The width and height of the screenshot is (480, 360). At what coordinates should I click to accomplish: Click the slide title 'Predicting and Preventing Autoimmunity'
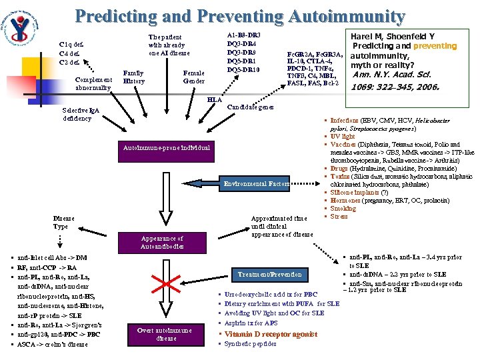click(x=239, y=16)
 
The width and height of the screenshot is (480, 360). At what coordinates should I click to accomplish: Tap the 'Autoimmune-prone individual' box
click(x=166, y=147)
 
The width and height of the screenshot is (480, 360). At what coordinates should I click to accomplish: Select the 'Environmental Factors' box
click(x=257, y=183)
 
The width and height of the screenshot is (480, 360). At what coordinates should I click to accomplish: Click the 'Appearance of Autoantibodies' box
click(x=162, y=242)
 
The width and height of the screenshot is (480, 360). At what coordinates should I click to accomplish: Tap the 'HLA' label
click(x=214, y=99)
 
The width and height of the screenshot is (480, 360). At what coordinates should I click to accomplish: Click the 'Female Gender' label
click(x=194, y=77)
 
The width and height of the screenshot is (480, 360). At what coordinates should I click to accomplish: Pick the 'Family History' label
click(x=134, y=77)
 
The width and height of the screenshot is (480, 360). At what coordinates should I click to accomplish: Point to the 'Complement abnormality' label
click(x=93, y=83)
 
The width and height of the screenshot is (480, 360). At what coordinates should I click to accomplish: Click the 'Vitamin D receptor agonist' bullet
click(x=271, y=334)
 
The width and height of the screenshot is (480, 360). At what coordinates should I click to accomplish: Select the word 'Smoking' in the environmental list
click(x=343, y=209)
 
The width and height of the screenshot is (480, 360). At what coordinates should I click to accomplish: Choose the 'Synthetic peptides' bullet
click(x=250, y=345)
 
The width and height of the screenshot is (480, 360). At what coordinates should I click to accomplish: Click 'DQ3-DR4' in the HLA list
click(x=243, y=43)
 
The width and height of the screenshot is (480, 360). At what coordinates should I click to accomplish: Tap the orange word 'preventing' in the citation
click(x=435, y=46)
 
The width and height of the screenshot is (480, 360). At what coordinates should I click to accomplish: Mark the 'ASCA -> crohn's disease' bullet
click(x=53, y=345)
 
